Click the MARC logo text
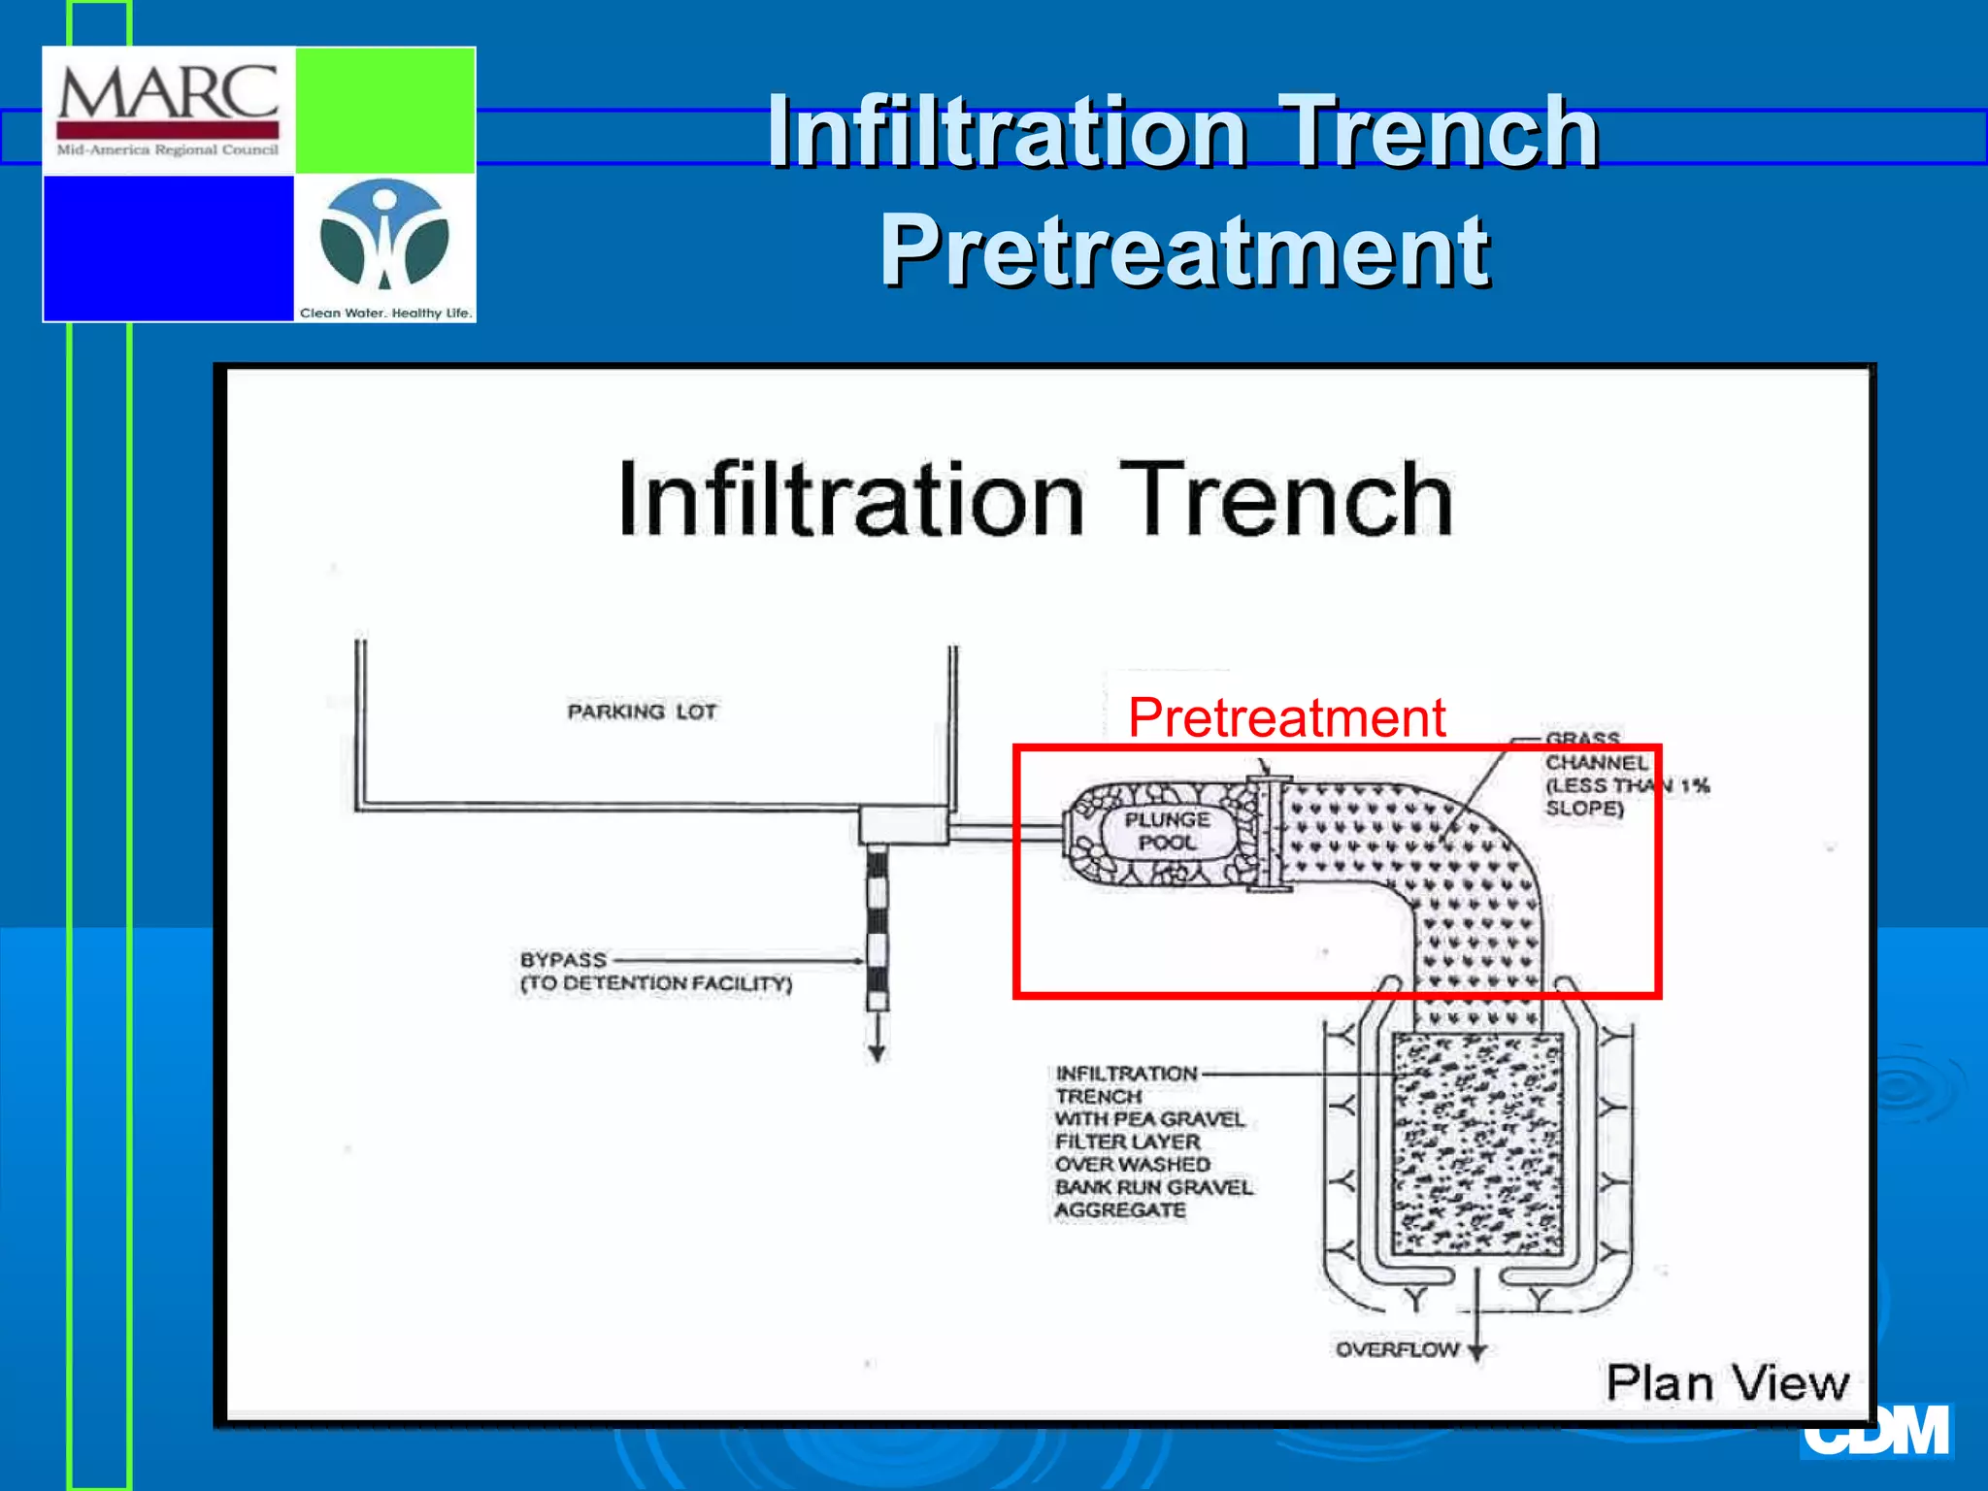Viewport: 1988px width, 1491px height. coord(168,94)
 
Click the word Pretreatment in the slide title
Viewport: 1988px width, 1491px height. coord(1183,251)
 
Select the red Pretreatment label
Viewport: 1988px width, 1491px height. coord(1286,718)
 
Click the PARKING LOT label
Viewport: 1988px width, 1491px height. coord(642,712)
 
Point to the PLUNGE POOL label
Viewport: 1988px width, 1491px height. coord(1167,831)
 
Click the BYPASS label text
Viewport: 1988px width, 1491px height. coord(563,960)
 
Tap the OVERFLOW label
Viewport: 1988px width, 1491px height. coord(1397,1349)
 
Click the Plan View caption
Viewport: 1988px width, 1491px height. coord(1727,1382)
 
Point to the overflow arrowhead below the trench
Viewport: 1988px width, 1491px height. coord(1476,1352)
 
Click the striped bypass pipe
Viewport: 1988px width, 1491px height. coord(877,927)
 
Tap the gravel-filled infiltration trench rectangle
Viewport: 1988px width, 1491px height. coord(1477,1145)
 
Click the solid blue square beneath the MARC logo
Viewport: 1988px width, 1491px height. coord(169,248)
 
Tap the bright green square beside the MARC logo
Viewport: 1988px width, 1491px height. coord(384,110)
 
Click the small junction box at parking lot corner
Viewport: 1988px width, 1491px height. coord(903,825)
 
